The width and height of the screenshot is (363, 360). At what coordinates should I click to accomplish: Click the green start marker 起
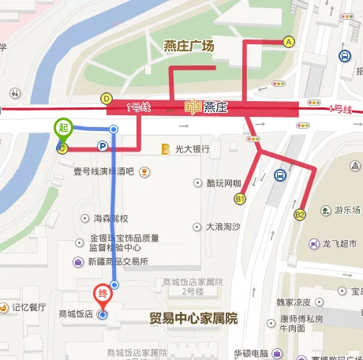(63, 127)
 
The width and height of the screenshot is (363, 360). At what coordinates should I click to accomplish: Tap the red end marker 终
(103, 293)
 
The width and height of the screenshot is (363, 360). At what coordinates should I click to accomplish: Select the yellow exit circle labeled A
(289, 41)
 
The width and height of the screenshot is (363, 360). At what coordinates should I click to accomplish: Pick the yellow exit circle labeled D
(106, 99)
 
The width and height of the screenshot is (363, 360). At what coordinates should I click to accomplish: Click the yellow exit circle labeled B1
(240, 199)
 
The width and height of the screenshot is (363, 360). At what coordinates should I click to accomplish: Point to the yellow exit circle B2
(300, 214)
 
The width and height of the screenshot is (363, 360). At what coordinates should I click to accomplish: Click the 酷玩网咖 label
(223, 183)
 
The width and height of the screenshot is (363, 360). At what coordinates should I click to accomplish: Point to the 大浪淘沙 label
(223, 226)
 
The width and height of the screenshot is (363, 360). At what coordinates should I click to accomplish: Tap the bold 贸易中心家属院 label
(193, 319)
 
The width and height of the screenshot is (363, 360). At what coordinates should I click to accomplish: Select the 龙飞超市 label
(340, 246)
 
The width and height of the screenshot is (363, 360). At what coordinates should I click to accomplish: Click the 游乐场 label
(346, 209)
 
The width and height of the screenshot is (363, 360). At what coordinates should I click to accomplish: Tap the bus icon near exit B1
(279, 175)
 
